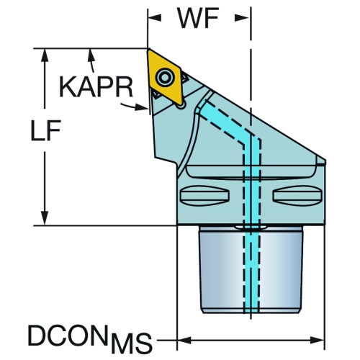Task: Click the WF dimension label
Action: pos(198,18)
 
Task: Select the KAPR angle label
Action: pos(96,86)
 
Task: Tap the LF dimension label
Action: pos(45,130)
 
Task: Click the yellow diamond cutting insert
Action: pos(164,77)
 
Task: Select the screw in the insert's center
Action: pos(165,77)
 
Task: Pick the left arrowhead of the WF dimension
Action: pos(155,17)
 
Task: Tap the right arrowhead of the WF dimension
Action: pos(241,17)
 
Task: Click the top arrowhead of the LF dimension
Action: pos(45,55)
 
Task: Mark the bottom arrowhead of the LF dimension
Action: pos(45,218)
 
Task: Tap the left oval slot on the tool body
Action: pos(204,196)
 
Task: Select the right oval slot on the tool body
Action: pos(297,196)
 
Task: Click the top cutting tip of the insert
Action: pos(149,50)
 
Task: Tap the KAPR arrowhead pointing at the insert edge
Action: pos(141,107)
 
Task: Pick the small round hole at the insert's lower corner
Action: pos(181,106)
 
